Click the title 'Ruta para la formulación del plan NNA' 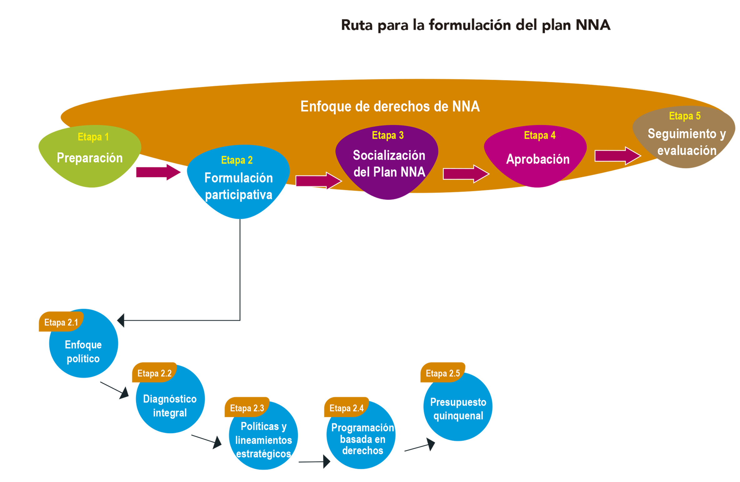[475, 25]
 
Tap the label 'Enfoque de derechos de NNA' [390, 106]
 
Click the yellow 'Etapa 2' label [237, 160]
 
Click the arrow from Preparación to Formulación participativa [158, 172]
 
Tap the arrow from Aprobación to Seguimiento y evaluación [617, 155]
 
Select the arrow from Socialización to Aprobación [466, 174]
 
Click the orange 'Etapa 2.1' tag [61, 322]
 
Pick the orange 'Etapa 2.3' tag [247, 408]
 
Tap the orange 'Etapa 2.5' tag [442, 373]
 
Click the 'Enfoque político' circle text [83, 351]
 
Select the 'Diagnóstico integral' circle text [170, 405]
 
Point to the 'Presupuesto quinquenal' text [458, 408]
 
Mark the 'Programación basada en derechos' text [362, 439]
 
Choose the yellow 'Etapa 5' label [684, 116]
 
